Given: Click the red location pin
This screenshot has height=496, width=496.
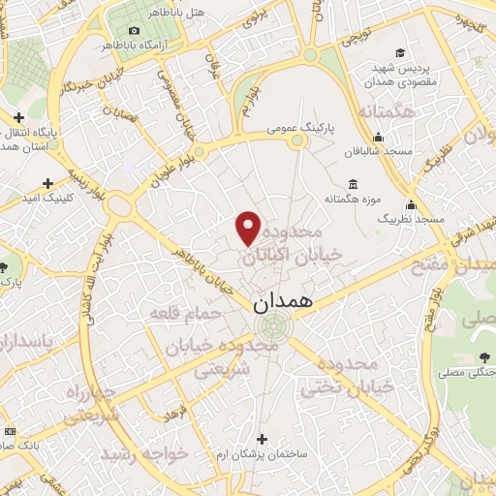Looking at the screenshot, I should click(249, 228).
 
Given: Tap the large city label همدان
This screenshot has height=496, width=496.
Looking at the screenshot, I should click(286, 302).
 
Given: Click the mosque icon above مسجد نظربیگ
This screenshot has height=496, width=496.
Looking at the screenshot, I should click(412, 204).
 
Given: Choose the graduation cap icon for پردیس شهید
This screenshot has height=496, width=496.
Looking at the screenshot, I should click(399, 52).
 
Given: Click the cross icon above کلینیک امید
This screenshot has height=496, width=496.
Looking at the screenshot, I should click(47, 182).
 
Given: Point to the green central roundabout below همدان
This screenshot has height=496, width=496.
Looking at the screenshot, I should click(273, 326).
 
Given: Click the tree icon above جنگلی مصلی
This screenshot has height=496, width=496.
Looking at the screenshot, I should click(483, 357).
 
